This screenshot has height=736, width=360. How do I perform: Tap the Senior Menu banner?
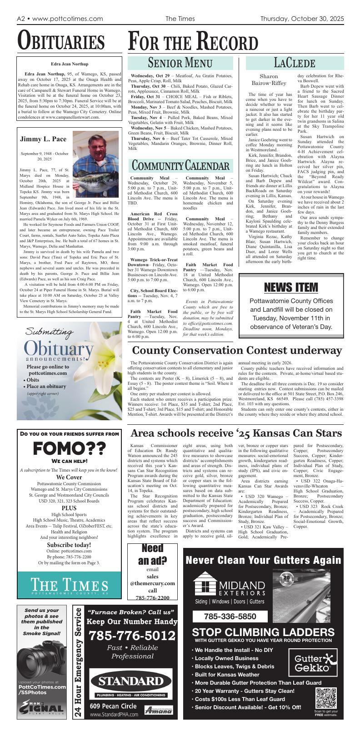180,63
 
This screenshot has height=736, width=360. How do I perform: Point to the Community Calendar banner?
180,164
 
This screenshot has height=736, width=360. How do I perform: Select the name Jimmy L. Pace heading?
43,139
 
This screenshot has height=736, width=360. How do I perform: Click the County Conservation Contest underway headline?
236,350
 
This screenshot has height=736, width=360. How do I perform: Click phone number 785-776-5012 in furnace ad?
132,636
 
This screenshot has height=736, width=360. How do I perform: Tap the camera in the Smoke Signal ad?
39,658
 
